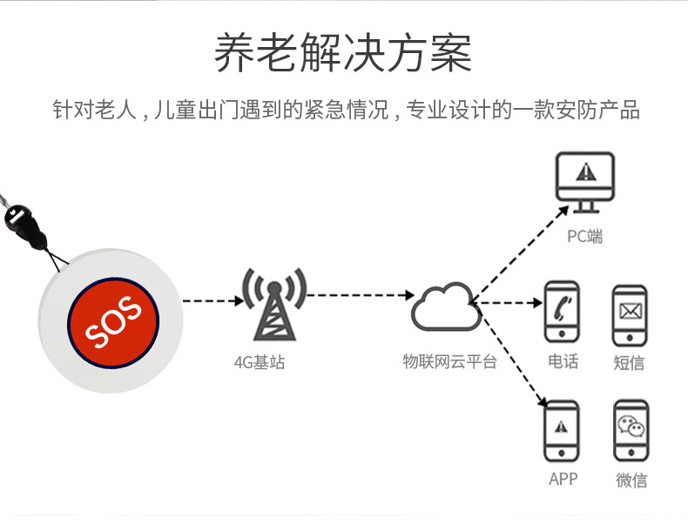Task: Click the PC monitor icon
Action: click(585, 182)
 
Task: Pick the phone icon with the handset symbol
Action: click(562, 312)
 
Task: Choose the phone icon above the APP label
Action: click(562, 430)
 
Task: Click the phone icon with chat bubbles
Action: click(630, 430)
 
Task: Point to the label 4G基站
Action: click(260, 361)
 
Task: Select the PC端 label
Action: click(585, 236)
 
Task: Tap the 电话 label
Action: click(563, 360)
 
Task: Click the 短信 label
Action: click(630, 362)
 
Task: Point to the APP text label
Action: click(563, 479)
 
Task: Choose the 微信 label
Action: click(631, 480)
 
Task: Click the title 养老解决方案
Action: click(344, 54)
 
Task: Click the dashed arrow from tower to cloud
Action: click(357, 295)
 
